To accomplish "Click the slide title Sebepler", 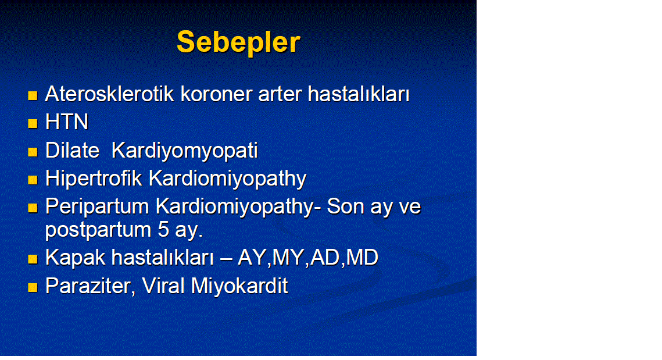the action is [x=238, y=42].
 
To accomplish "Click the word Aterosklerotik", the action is [x=109, y=94].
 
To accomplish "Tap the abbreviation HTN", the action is [x=67, y=122].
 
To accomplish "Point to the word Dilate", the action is [x=72, y=151].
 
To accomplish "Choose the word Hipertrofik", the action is [x=94, y=179].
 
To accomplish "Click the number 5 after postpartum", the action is [x=163, y=230].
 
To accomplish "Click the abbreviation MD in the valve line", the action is [x=362, y=257].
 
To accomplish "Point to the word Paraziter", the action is [x=90, y=286].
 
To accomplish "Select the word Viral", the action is [x=163, y=286].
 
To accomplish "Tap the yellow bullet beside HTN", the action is [x=33, y=123].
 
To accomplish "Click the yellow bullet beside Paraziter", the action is [x=33, y=288].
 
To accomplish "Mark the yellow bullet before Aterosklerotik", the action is [x=33, y=95].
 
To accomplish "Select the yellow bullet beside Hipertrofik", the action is [x=33, y=180].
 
